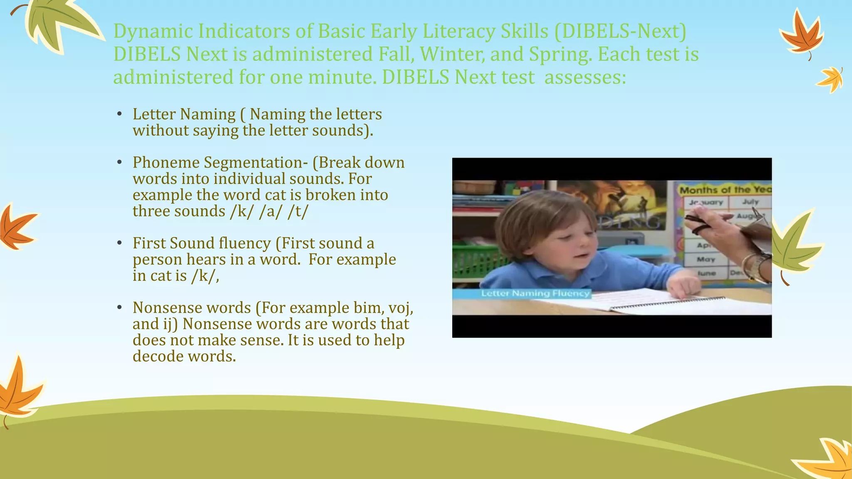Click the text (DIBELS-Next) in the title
coord(620,32)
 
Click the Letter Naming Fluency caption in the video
coord(535,294)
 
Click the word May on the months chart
coord(706,259)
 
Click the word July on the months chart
coord(750,202)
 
